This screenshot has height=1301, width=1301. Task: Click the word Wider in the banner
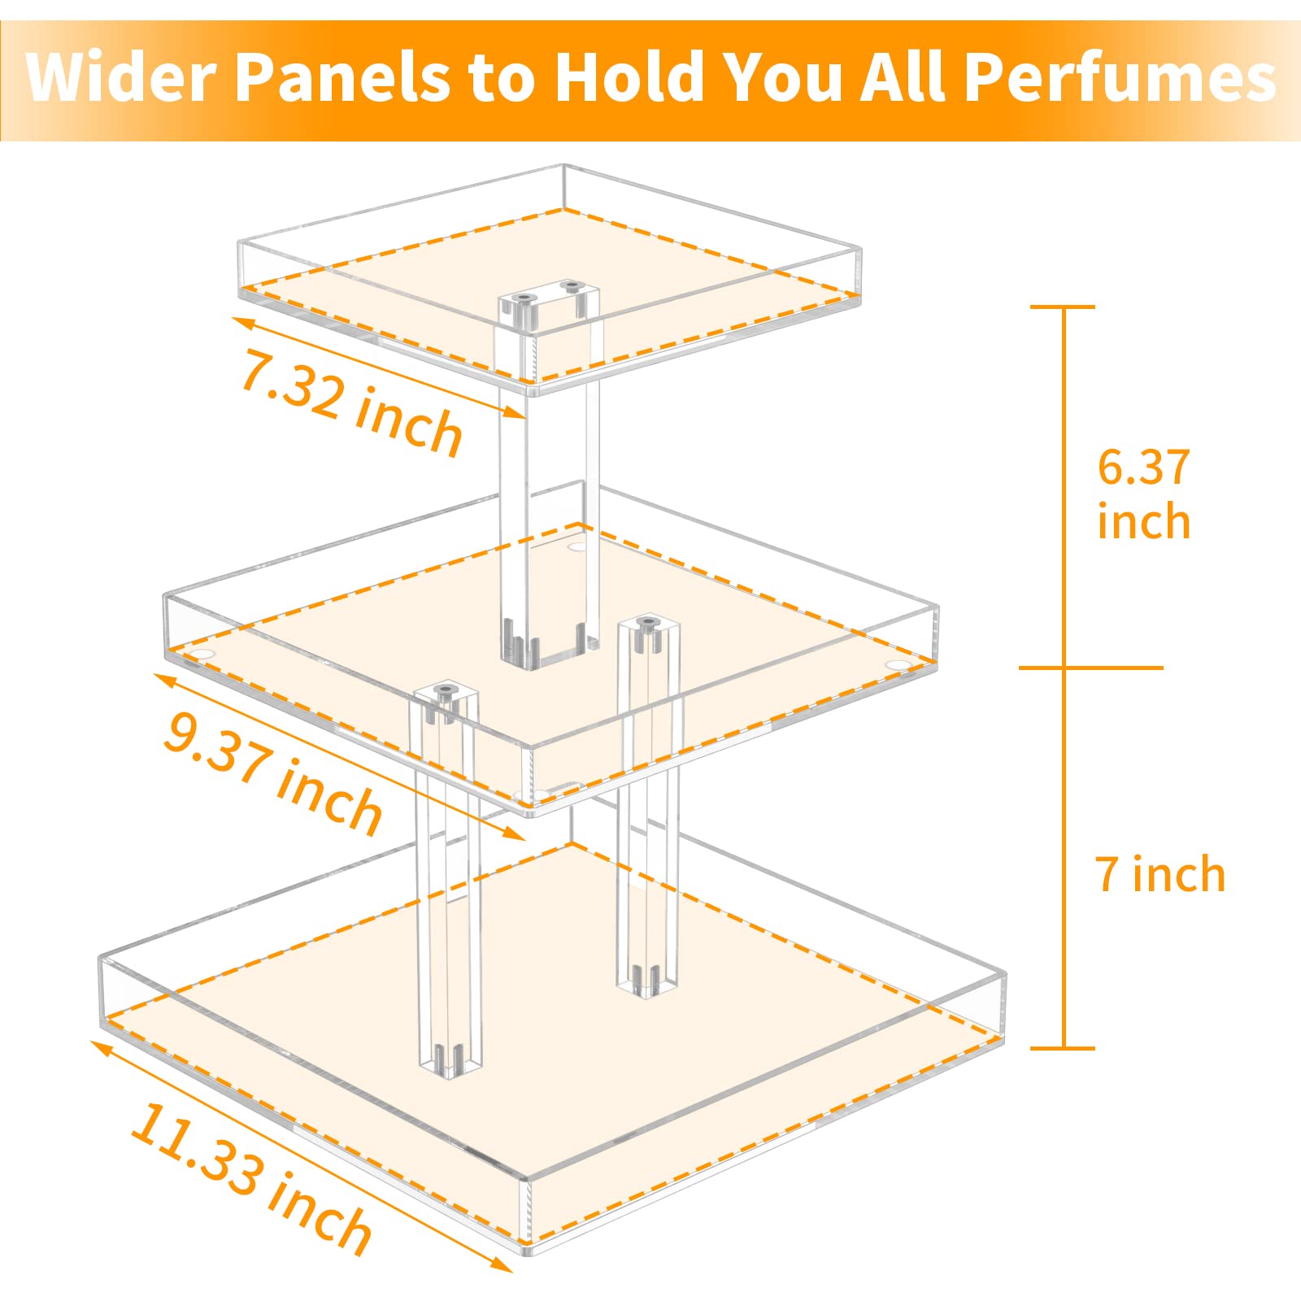(119, 77)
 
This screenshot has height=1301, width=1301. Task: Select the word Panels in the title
(342, 77)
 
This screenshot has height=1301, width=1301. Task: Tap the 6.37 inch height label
(1143, 494)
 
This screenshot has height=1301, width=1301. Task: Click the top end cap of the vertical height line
(1063, 307)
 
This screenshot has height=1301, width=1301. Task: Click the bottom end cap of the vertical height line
(1063, 1048)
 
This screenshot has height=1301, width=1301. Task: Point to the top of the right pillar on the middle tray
(647, 626)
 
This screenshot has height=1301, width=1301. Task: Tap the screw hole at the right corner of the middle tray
(898, 665)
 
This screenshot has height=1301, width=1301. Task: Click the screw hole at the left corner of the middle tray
(201, 653)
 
